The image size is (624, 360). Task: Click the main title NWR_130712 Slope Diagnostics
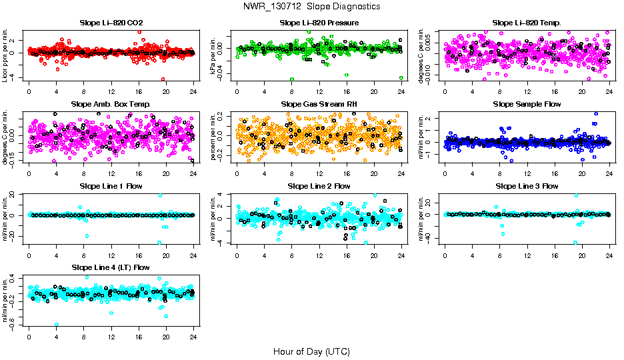pyautogui.click(x=312, y=6)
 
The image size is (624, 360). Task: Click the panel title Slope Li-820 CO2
pyautogui.click(x=111, y=23)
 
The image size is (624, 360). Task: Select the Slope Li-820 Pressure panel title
pyautogui.click(x=319, y=23)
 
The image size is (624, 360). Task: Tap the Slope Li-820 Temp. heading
pyautogui.click(x=527, y=23)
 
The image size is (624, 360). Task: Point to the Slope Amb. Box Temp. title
pyautogui.click(x=111, y=105)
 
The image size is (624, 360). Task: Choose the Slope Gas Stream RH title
pyautogui.click(x=319, y=105)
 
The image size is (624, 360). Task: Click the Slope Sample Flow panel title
pyautogui.click(x=527, y=105)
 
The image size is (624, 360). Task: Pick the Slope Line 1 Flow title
pyautogui.click(x=111, y=186)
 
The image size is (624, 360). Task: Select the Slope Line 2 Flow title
pyautogui.click(x=319, y=186)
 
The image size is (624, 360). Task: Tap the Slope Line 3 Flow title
pyautogui.click(x=527, y=186)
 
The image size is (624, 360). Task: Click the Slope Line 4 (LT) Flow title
pyautogui.click(x=111, y=267)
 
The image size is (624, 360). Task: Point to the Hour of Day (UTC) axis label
pyautogui.click(x=311, y=351)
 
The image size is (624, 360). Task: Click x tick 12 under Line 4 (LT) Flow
pyautogui.click(x=111, y=336)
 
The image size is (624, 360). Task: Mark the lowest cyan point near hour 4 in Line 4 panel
pyautogui.click(x=56, y=325)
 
